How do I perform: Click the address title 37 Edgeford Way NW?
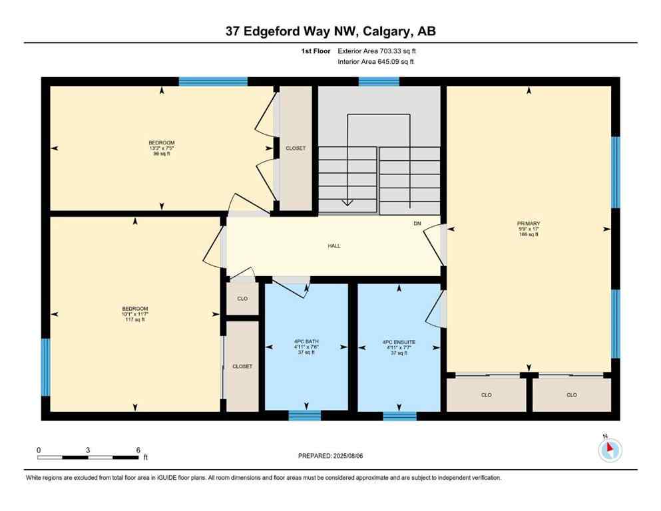coord(330,31)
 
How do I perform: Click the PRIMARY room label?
coord(528,224)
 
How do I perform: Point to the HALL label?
coord(333,246)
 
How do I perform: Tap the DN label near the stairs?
coord(417,224)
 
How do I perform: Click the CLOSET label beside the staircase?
coord(295,148)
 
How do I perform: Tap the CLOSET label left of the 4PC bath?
coord(242,366)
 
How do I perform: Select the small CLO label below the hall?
coord(242,299)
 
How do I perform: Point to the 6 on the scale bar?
coord(138,450)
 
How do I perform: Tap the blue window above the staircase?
coord(379,82)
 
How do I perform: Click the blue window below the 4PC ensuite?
coord(399,416)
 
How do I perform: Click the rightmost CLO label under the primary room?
coord(571,395)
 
